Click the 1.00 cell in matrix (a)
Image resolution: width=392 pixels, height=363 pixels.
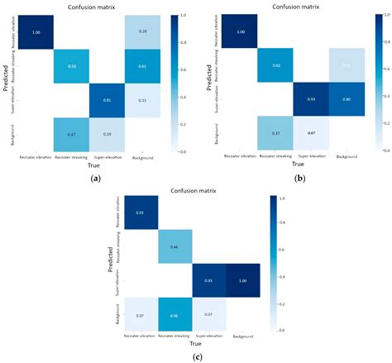[x=35, y=32]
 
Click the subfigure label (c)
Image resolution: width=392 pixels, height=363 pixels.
[x=195, y=356]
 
